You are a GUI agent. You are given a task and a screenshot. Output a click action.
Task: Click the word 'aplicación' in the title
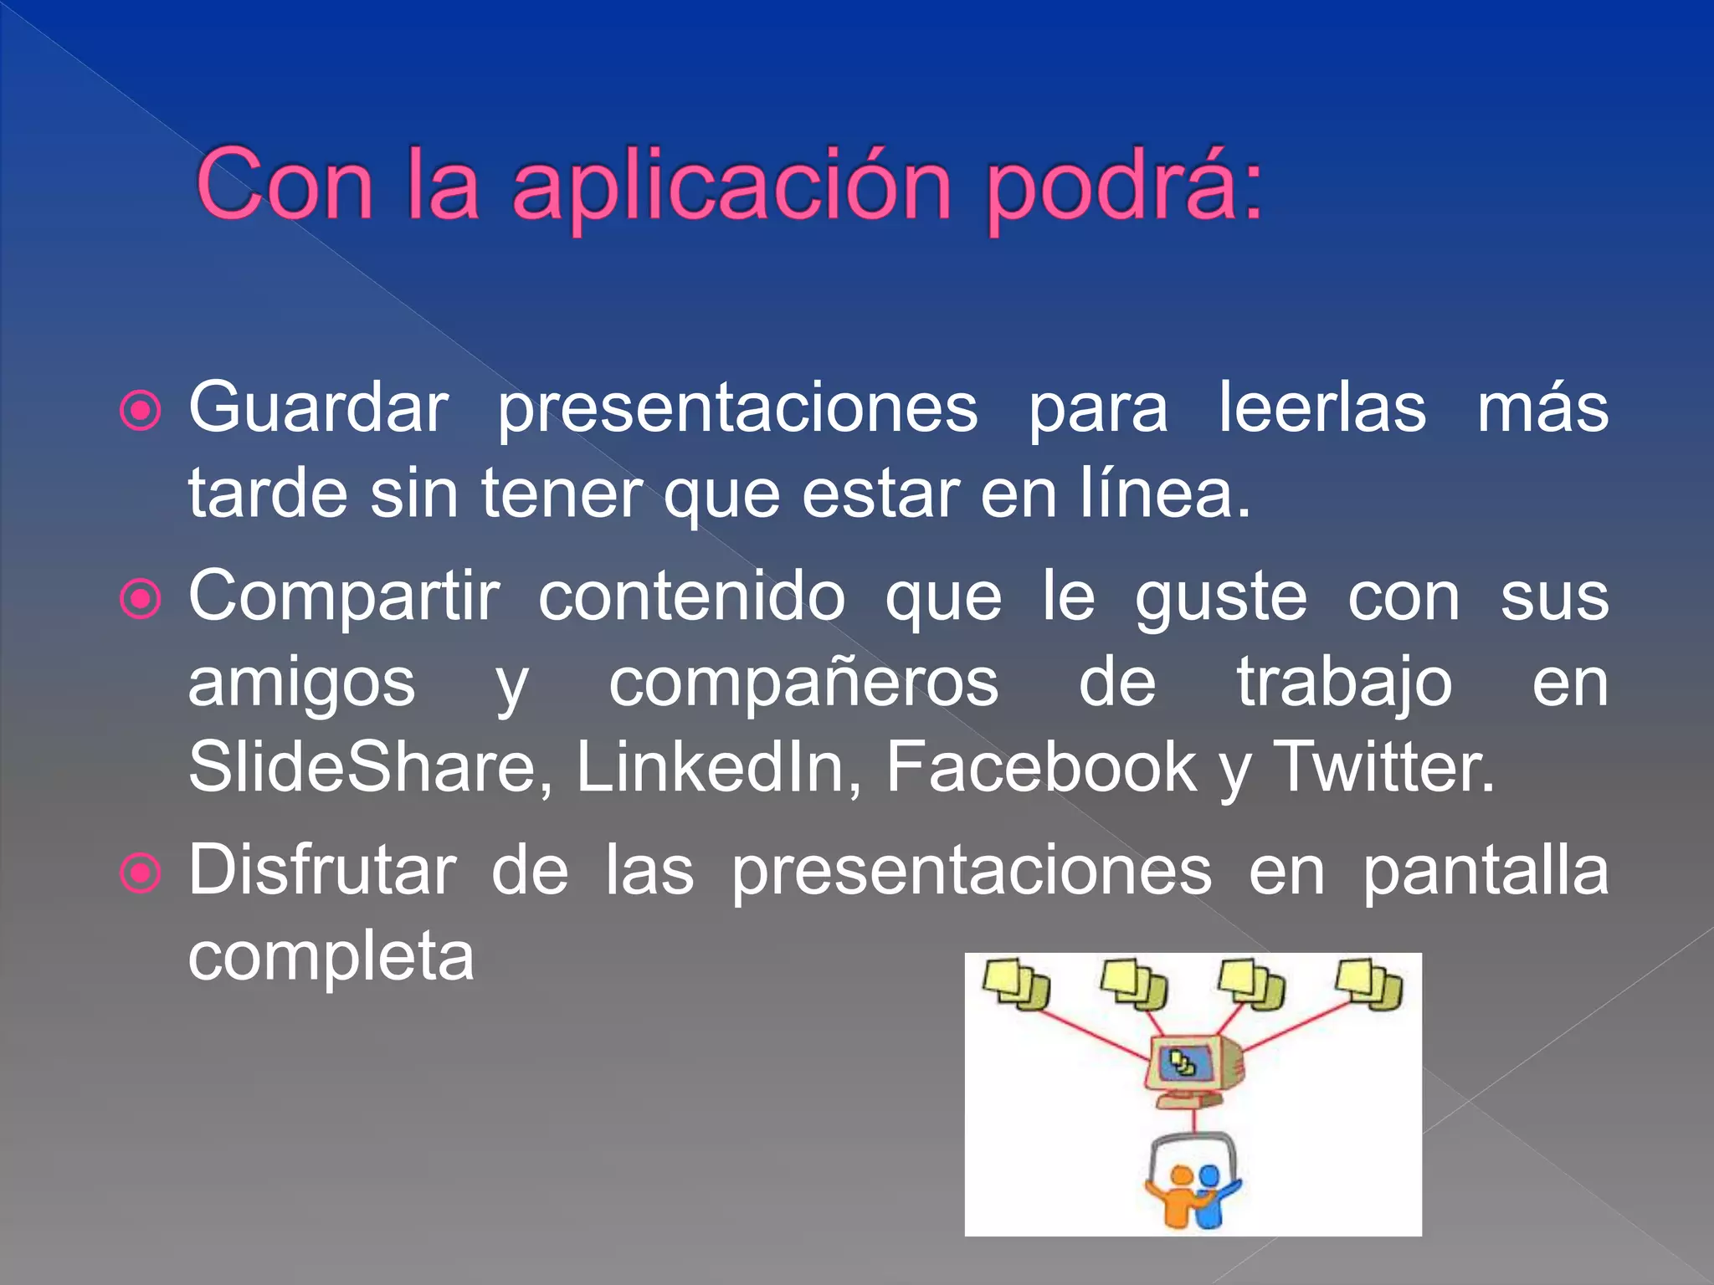click(731, 186)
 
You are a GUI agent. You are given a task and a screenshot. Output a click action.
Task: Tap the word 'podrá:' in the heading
click(1123, 186)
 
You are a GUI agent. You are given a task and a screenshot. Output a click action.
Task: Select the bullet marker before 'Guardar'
click(141, 411)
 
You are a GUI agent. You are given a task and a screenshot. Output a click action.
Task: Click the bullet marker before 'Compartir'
click(141, 599)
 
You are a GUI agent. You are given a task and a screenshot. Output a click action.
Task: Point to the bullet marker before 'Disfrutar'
click(141, 873)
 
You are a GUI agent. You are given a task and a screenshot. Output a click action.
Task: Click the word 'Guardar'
click(319, 408)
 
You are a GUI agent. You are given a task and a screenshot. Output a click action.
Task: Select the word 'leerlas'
click(1322, 408)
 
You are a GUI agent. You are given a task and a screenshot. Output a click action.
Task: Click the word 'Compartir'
click(344, 597)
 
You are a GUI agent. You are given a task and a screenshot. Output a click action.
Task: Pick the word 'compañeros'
click(803, 683)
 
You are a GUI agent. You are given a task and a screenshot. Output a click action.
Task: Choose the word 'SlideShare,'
click(370, 767)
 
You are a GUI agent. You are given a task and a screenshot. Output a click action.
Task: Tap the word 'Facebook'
click(1042, 767)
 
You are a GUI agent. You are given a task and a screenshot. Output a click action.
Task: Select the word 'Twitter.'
click(1383, 767)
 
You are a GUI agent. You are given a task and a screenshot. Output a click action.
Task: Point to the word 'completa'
click(331, 956)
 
